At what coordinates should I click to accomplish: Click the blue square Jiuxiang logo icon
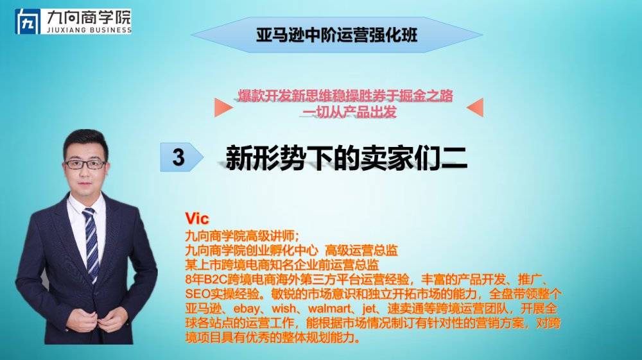pyautogui.click(x=28, y=22)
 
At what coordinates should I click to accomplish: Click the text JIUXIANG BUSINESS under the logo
pyautogui.click(x=89, y=30)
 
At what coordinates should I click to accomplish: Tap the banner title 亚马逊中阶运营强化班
pyautogui.click(x=336, y=35)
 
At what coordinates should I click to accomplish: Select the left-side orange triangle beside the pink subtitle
pyautogui.click(x=223, y=107)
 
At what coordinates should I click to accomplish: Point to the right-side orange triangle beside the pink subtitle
pyautogui.click(x=475, y=107)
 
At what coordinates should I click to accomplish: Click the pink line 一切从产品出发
pyautogui.click(x=349, y=112)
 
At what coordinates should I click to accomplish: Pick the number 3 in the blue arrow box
pyautogui.click(x=178, y=157)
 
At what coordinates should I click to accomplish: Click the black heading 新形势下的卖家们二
pyautogui.click(x=347, y=157)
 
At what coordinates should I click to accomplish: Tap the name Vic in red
pyautogui.click(x=197, y=218)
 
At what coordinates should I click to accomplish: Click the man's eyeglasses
pyautogui.click(x=85, y=164)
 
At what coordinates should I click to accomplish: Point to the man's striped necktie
pyautogui.click(x=91, y=244)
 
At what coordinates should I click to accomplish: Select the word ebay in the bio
pyautogui.click(x=247, y=309)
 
